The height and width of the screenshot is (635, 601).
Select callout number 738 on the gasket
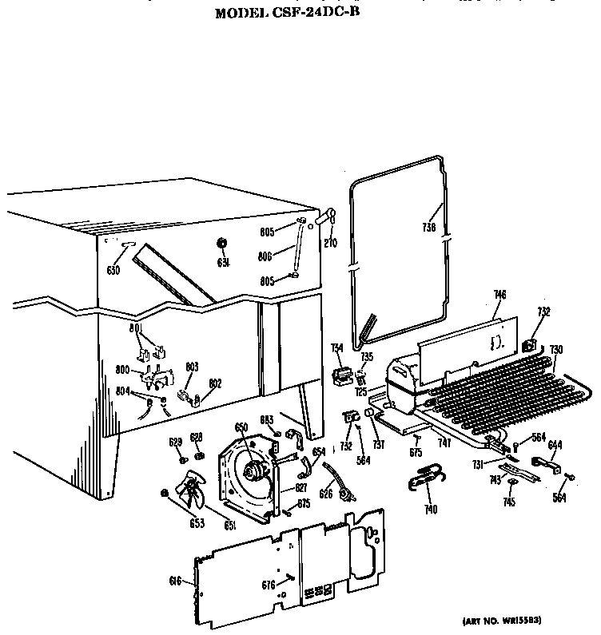428,227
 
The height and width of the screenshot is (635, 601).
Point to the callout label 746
500,296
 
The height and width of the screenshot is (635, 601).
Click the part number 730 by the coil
556,350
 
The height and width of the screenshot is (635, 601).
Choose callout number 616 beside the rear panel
176,581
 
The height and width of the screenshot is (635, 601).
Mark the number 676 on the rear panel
269,585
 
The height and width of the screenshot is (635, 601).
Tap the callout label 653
197,523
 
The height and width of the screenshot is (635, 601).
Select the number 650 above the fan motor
241,427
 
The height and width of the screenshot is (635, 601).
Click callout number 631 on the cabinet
224,263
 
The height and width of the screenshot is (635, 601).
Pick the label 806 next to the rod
266,256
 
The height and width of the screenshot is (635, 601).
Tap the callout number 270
329,243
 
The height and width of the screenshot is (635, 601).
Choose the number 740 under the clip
432,509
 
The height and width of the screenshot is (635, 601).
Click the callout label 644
555,445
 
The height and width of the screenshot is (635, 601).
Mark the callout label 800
122,370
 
